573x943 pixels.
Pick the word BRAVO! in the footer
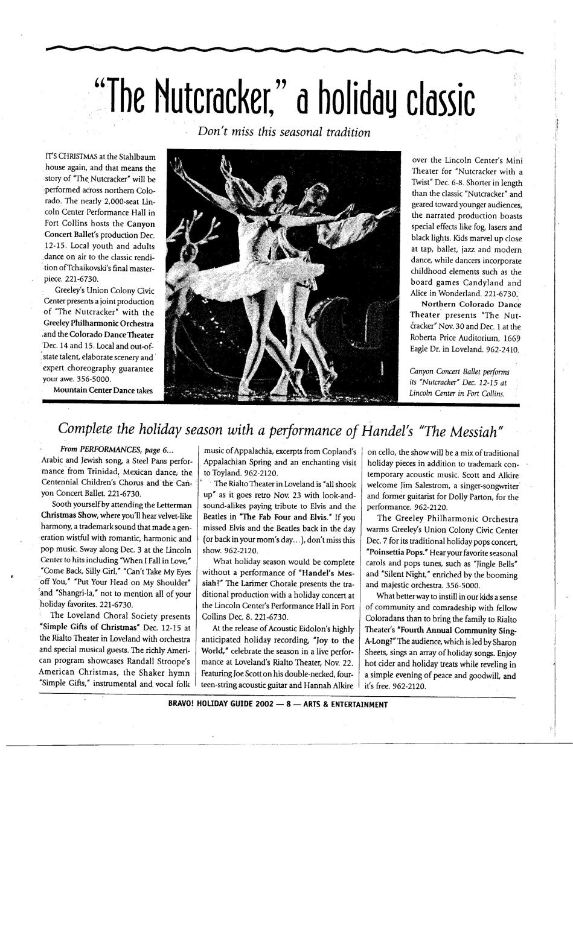coord(181,704)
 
